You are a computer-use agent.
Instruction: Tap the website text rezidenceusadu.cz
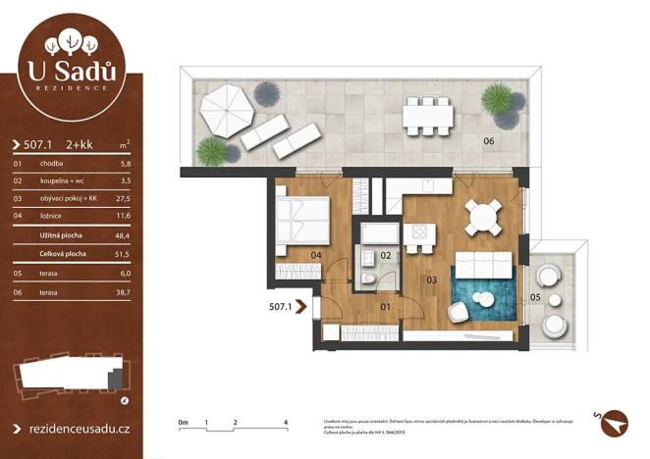coord(77,429)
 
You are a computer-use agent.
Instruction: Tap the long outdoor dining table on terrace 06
coord(429,115)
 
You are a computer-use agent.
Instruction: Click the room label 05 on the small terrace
coord(535,295)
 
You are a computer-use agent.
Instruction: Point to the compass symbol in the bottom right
coord(614,419)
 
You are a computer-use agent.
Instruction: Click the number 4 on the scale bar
coord(285,423)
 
